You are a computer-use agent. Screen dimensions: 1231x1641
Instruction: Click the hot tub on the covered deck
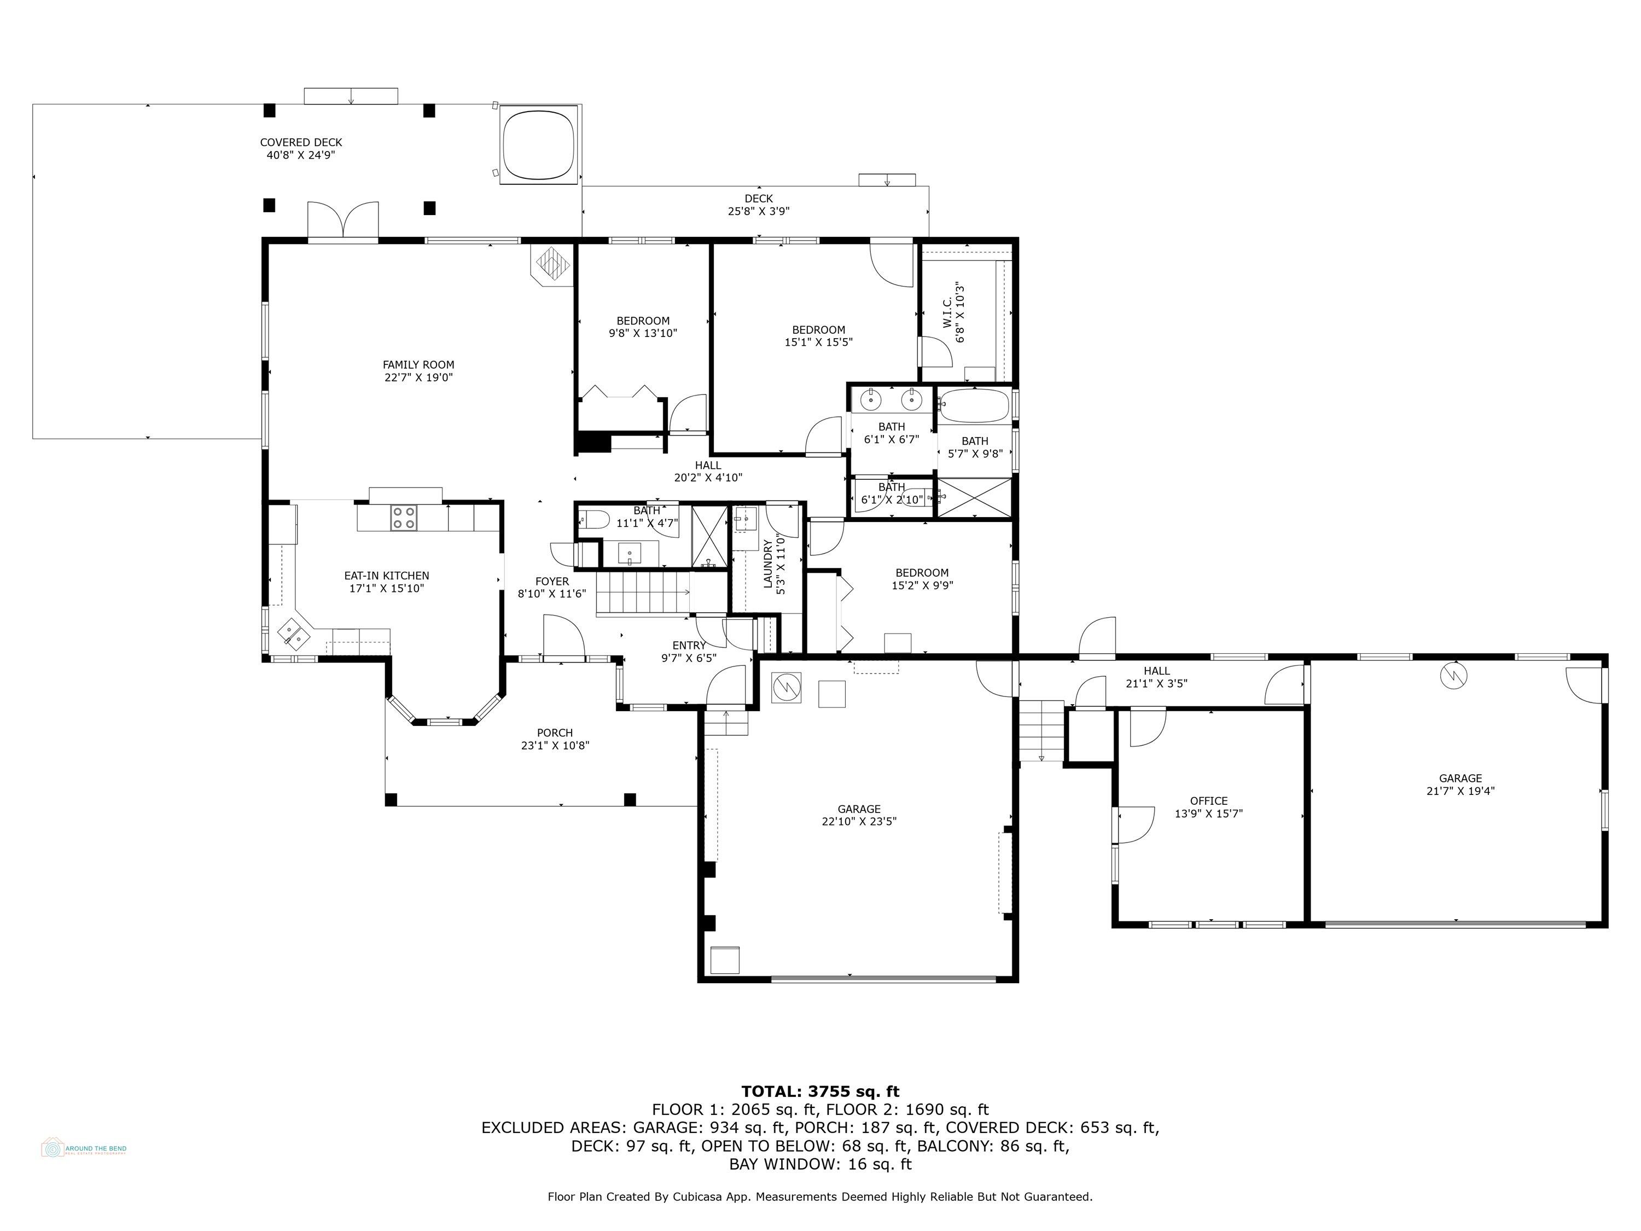click(x=539, y=144)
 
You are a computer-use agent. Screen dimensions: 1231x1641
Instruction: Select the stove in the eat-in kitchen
click(x=404, y=517)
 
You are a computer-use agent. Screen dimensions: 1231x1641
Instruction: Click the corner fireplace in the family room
click(x=552, y=264)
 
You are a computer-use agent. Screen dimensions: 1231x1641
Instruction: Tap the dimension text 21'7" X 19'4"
click(x=1460, y=790)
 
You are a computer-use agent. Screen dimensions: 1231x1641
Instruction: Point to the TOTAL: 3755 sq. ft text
click(x=820, y=1091)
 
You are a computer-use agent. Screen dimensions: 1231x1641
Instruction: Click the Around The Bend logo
click(x=83, y=1148)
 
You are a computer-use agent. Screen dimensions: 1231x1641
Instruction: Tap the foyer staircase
click(x=642, y=592)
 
